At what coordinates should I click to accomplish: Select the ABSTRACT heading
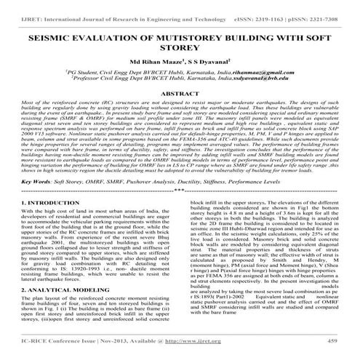point(180,95)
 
